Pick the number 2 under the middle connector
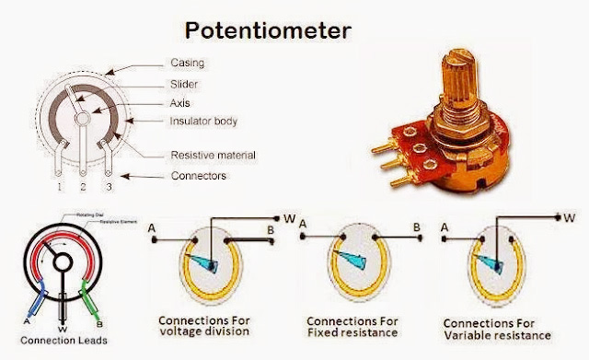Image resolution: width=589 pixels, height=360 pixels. (x=83, y=188)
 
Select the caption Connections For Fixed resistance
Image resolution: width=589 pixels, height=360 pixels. (x=353, y=326)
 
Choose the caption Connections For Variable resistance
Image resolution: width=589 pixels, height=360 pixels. (x=497, y=331)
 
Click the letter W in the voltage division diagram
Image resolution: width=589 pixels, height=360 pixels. (x=290, y=219)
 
